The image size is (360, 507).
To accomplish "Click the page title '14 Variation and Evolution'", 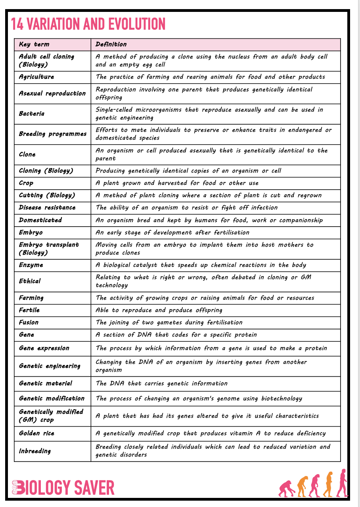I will tap(88, 24).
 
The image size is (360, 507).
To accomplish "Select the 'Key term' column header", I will tap(34, 44).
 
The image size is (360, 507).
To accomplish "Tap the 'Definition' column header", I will tap(111, 44).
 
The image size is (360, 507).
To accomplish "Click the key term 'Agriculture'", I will tap(36, 77).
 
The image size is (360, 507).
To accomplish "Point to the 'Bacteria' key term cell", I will tap(32, 114).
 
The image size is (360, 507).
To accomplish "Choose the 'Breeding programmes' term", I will tap(52, 134).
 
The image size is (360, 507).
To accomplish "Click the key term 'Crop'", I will tap(26, 183).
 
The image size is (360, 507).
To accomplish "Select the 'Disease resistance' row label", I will tap(47, 208).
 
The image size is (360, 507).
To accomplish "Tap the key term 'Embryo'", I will tap(31, 233).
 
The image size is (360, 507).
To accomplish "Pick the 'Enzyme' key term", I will tap(31, 265).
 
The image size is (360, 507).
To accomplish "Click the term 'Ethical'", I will tap(30, 281).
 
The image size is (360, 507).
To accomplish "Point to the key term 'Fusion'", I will tap(29, 322).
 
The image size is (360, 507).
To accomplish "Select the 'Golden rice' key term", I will tap(36, 433).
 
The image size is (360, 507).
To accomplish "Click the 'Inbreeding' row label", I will tap(35, 451).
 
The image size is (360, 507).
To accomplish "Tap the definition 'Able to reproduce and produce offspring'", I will tap(159, 310).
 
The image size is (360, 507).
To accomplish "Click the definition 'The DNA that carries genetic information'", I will tap(162, 383).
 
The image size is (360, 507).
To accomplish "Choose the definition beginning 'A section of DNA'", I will tap(176, 335).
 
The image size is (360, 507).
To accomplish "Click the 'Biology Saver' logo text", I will tap(63, 488).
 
